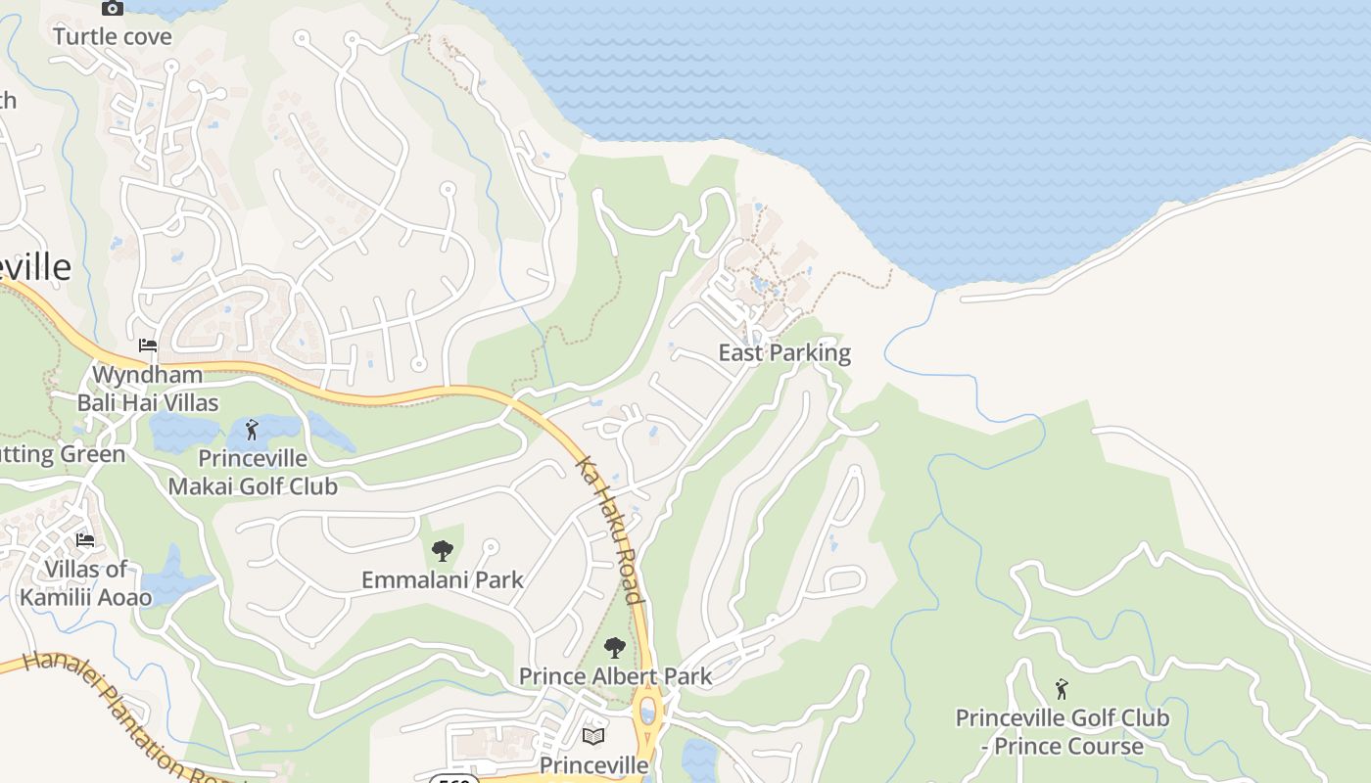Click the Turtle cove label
[x=112, y=37]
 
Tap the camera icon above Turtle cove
[x=113, y=9]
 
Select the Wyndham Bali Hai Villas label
[x=148, y=389]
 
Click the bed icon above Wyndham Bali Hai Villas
[x=148, y=345]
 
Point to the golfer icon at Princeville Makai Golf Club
[x=252, y=430]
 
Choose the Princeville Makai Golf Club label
[x=253, y=473]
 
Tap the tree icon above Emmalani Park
[x=443, y=551]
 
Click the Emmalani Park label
[x=443, y=579]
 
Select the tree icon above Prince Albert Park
[x=614, y=647]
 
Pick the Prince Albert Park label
[x=615, y=675]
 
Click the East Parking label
[x=784, y=352]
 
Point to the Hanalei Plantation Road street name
[x=127, y=714]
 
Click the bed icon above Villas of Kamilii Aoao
[x=85, y=540]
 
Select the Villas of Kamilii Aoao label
[x=86, y=583]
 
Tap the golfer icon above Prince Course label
[x=1062, y=689]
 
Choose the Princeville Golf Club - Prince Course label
[x=1062, y=732]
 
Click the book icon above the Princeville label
[x=593, y=736]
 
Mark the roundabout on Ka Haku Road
[x=647, y=710]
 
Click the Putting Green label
[x=63, y=454]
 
